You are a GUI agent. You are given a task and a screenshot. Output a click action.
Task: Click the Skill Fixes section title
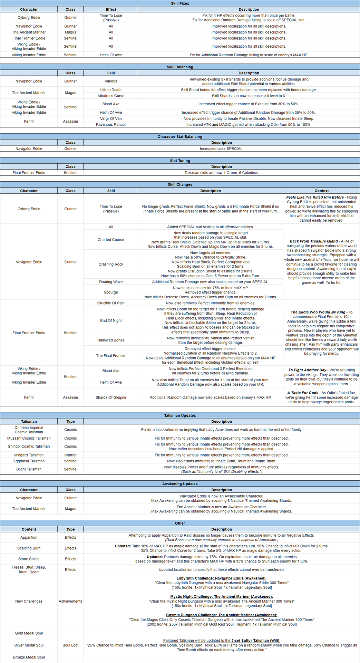click(180, 3)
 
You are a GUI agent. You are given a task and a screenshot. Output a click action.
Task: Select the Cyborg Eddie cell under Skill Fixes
click(29, 18)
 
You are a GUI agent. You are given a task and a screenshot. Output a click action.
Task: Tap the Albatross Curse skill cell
click(111, 96)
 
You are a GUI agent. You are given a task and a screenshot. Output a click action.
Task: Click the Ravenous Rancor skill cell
click(111, 125)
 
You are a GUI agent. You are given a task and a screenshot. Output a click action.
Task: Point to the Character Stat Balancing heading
click(180, 137)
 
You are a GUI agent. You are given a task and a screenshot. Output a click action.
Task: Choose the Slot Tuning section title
click(180, 161)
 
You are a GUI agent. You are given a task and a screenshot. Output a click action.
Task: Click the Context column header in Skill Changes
click(321, 191)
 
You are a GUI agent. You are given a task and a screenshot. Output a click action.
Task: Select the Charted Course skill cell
click(111, 240)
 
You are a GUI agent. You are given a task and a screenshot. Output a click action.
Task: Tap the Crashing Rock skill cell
click(111, 265)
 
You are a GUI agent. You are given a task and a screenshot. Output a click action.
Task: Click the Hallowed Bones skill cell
click(111, 340)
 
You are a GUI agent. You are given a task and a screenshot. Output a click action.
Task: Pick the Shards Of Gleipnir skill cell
click(111, 398)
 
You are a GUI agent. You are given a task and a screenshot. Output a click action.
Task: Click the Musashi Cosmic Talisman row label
click(29, 439)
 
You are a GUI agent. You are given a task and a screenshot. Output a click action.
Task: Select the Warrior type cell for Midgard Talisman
click(70, 455)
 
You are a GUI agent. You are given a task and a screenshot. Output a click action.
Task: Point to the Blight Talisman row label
click(29, 469)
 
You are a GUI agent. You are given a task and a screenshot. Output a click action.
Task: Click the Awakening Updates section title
click(180, 484)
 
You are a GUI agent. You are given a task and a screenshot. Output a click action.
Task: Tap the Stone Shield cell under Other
click(29, 559)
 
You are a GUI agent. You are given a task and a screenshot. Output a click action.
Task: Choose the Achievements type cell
click(70, 602)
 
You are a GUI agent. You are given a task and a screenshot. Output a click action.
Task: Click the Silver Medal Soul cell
click(29, 645)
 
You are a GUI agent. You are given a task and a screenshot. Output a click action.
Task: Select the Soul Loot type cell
click(70, 645)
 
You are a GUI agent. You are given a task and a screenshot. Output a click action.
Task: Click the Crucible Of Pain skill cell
click(111, 303)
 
